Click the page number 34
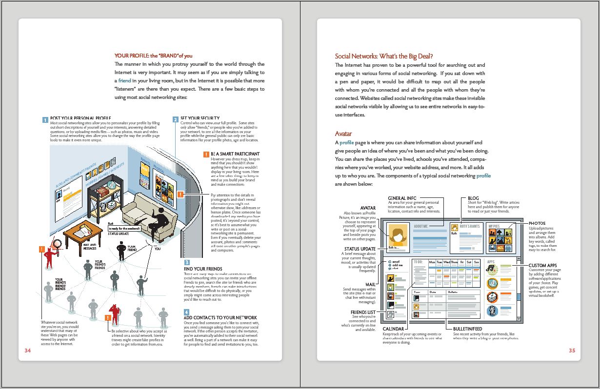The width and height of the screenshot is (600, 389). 27,350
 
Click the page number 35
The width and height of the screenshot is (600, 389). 572,350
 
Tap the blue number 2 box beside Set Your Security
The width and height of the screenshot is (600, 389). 176,119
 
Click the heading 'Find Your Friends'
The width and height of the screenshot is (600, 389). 202,269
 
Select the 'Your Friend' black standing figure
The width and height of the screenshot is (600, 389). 121,250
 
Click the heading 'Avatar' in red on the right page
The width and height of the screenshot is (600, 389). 343,134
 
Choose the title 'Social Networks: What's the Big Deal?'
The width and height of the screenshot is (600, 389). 384,56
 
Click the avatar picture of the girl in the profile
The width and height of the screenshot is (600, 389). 398,236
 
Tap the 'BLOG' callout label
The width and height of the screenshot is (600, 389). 473,198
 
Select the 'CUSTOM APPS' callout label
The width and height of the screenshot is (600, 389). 543,266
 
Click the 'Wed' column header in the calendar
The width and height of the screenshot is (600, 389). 446,262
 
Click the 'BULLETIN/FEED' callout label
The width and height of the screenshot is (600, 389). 467,329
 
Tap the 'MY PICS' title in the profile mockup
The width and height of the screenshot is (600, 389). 494,227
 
